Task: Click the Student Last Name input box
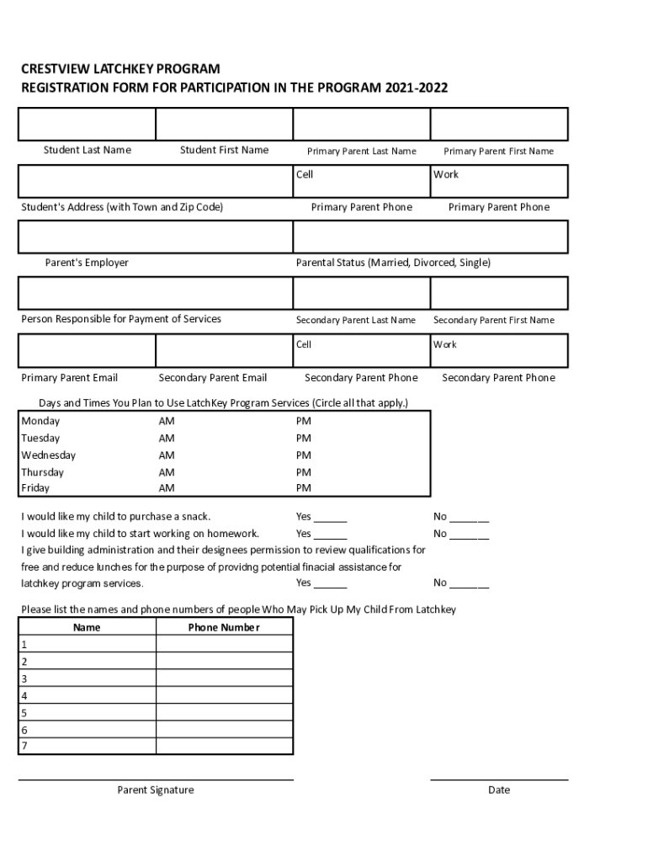tap(87, 124)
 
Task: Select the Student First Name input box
tap(224, 124)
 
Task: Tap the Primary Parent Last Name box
tap(361, 124)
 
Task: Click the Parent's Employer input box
tap(156, 237)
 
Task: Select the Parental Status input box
tap(430, 237)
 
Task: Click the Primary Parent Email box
tap(87, 351)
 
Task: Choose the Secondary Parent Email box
tap(224, 351)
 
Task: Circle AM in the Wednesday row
tap(167, 455)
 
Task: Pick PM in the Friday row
tap(303, 488)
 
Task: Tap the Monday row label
tap(40, 421)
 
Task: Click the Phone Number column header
tap(224, 627)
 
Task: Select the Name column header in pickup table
tap(87, 627)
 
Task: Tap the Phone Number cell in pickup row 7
tap(224, 746)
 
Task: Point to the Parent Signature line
tap(156, 779)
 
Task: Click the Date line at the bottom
tap(499, 779)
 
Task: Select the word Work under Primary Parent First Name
tap(446, 174)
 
